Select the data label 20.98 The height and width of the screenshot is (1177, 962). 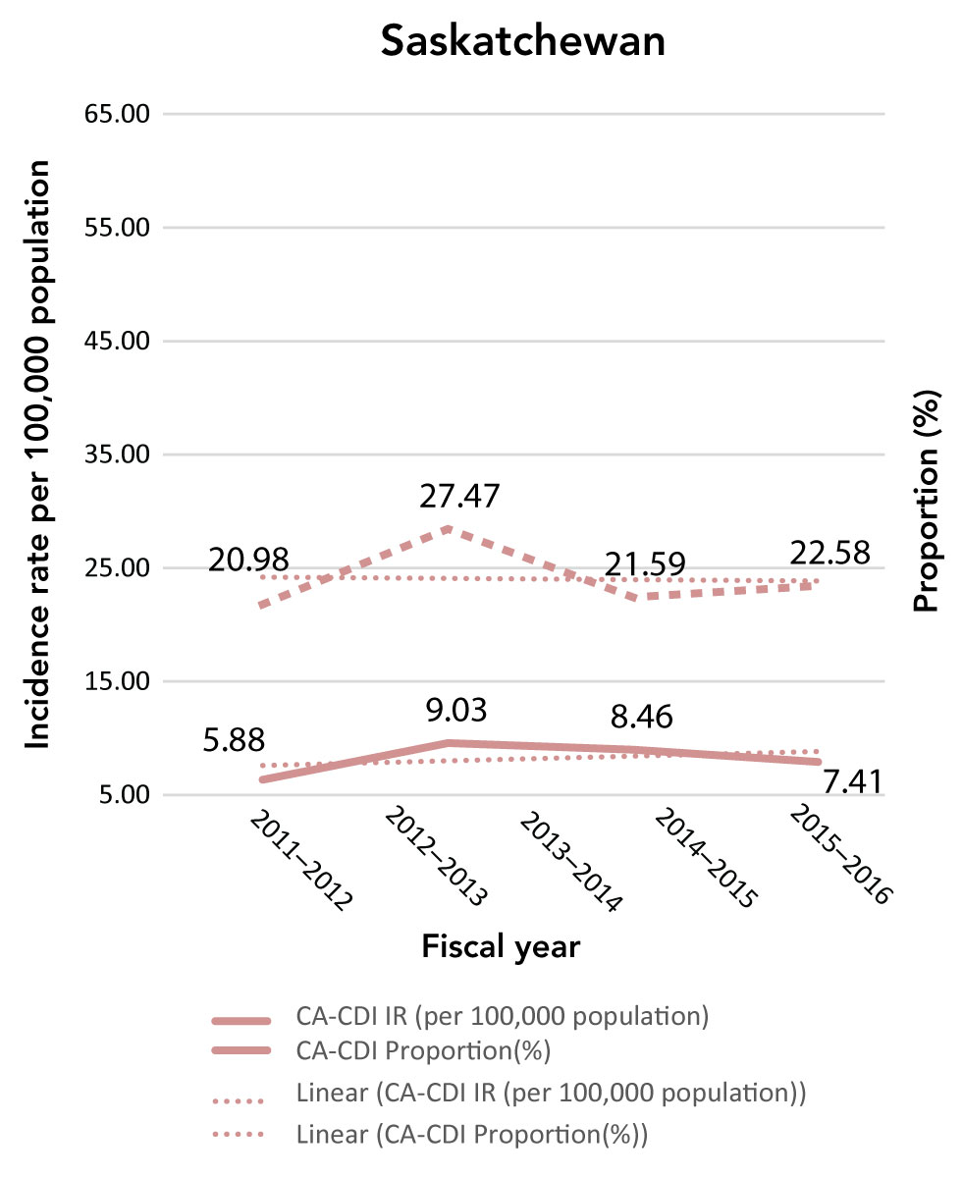click(248, 561)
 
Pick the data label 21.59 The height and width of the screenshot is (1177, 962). click(644, 566)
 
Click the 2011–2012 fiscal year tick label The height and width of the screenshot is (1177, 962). click(300, 861)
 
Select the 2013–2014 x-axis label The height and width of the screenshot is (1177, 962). click(569, 861)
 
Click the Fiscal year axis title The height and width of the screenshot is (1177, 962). click(501, 947)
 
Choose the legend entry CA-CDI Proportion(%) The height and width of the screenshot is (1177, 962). click(422, 1051)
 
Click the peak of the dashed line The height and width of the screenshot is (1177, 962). click(448, 528)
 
